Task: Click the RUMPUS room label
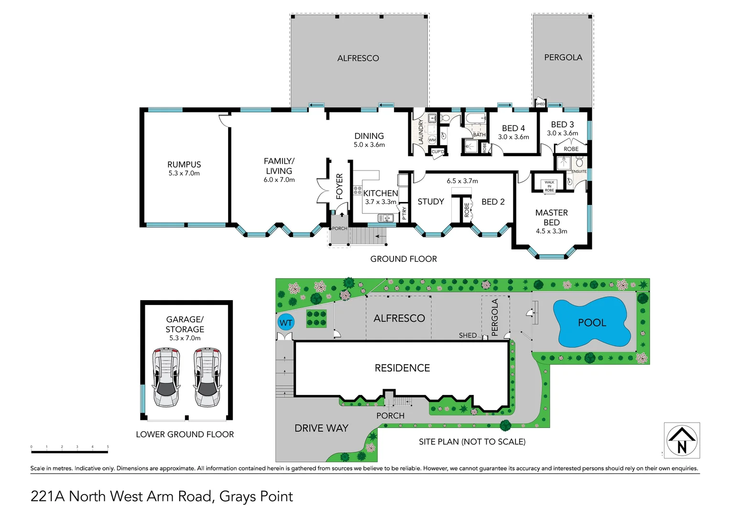pyautogui.click(x=184, y=164)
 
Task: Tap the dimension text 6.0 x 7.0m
pyautogui.click(x=279, y=180)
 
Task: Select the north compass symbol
pyautogui.click(x=682, y=440)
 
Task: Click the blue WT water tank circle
pyautogui.click(x=286, y=322)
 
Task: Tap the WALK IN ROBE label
pyautogui.click(x=549, y=186)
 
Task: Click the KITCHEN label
pyautogui.click(x=381, y=193)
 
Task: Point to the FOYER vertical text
pyautogui.click(x=339, y=186)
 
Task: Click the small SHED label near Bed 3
pyautogui.click(x=540, y=104)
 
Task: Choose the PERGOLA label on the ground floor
pyautogui.click(x=563, y=57)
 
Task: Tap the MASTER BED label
pyautogui.click(x=552, y=217)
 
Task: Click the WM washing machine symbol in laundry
pyautogui.click(x=432, y=140)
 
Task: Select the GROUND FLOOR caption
pyautogui.click(x=403, y=259)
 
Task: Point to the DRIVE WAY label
pyautogui.click(x=321, y=428)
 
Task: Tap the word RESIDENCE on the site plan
pyautogui.click(x=402, y=368)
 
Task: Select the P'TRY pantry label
pyautogui.click(x=404, y=213)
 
